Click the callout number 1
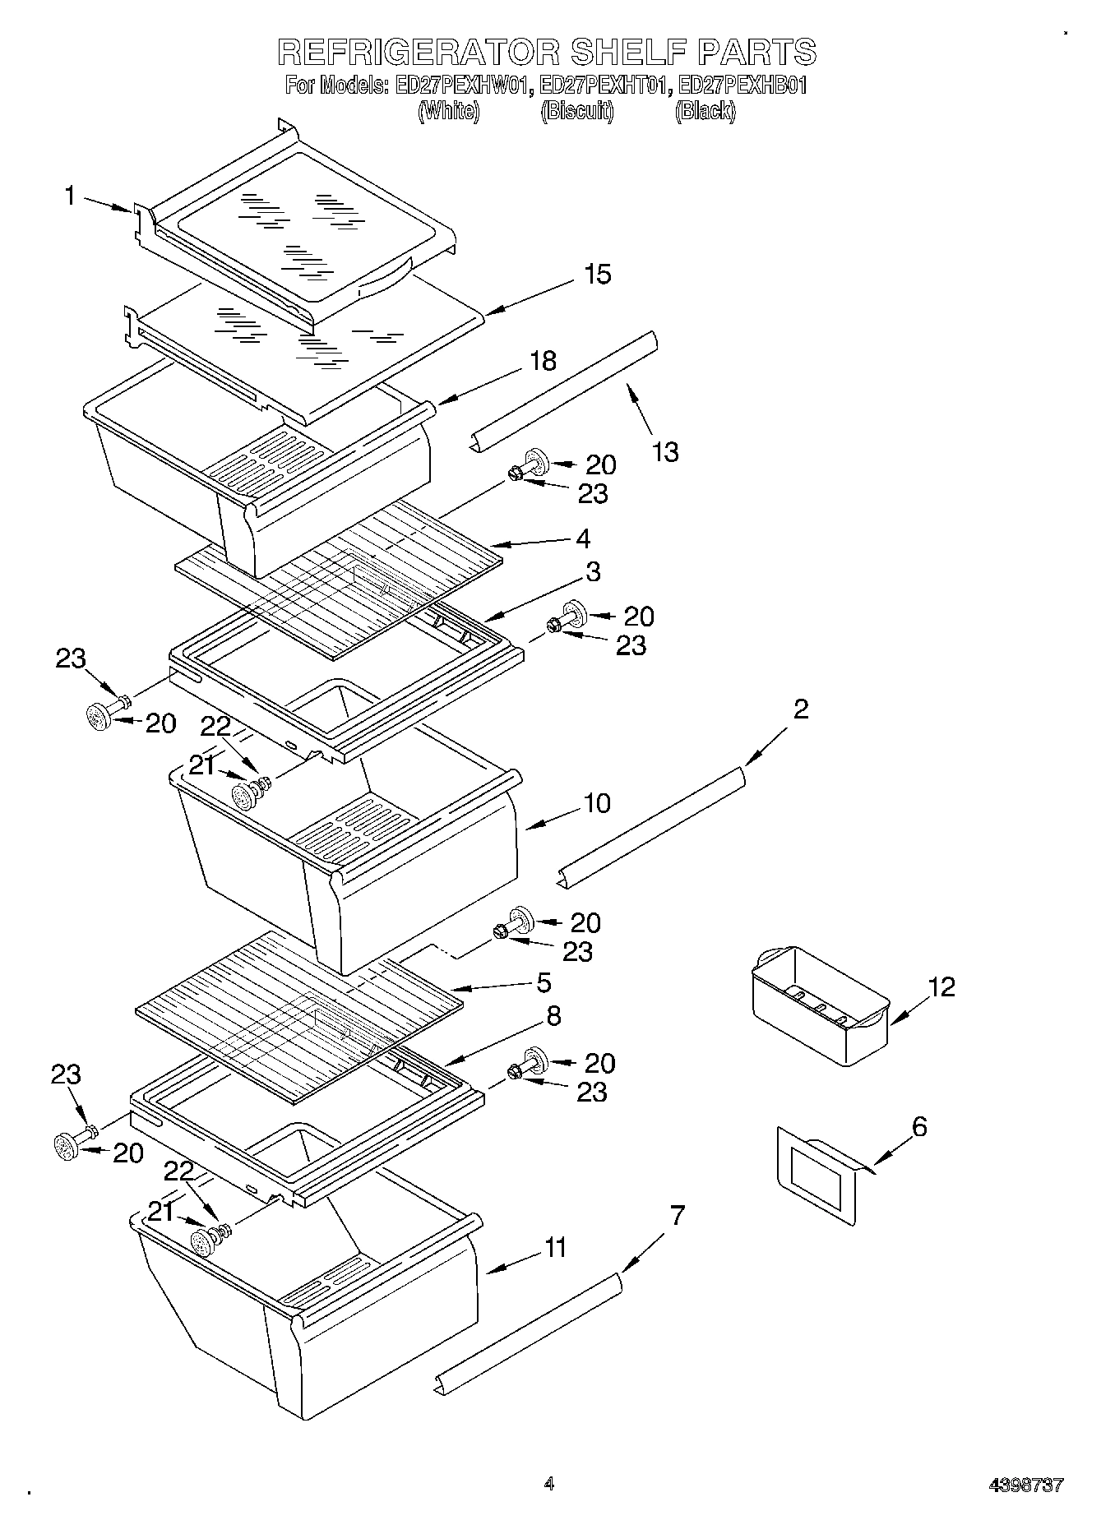tap(71, 196)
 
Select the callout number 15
tap(598, 274)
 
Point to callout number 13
tap(666, 451)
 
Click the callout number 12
tap(942, 986)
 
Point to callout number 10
tap(598, 803)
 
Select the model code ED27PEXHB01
tap(743, 85)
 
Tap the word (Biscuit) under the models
tap(577, 111)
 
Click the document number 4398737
tap(1025, 1485)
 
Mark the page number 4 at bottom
tap(548, 1483)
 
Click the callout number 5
tap(543, 983)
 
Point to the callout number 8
tap(553, 1016)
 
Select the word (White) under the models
tap(449, 111)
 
